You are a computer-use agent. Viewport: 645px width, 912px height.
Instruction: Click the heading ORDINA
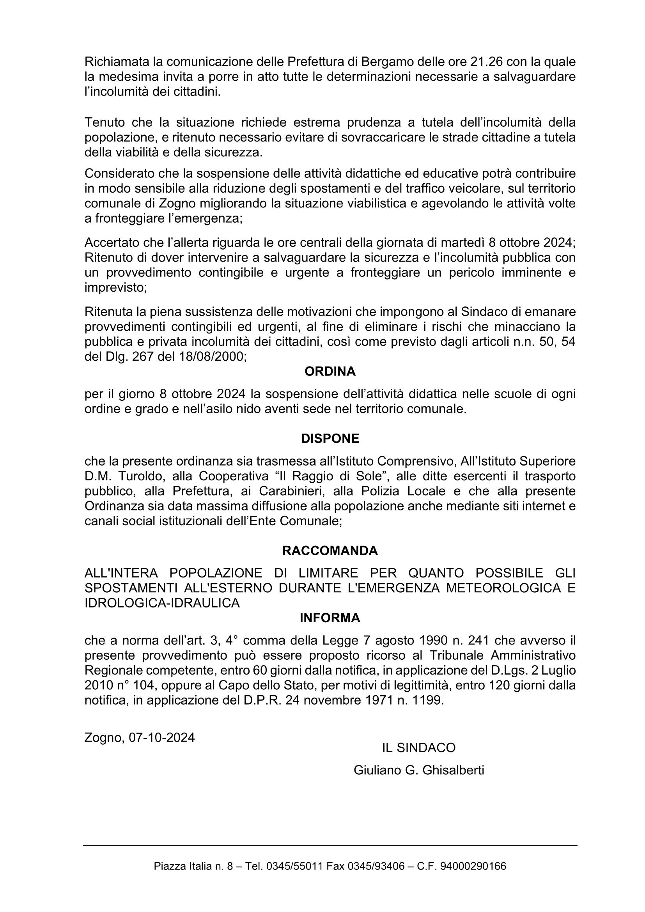tap(330, 372)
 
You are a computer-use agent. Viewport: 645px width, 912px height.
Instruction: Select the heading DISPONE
tap(330, 439)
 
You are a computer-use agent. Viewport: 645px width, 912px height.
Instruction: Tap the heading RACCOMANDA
tap(330, 551)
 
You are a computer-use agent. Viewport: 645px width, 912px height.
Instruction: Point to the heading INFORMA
tap(330, 618)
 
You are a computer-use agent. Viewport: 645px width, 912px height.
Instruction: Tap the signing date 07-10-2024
tap(161, 738)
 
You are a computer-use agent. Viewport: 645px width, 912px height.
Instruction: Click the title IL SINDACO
tap(418, 748)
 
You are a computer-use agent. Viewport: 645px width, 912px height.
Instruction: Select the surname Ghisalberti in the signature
tap(453, 770)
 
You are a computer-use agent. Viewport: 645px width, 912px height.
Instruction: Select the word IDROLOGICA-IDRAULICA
tap(162, 603)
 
